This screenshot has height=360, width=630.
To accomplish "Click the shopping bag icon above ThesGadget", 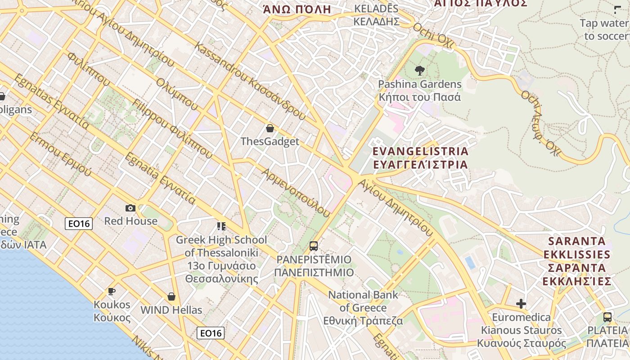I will pyautogui.click(x=270, y=128).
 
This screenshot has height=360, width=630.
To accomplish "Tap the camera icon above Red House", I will pyautogui.click(x=130, y=208).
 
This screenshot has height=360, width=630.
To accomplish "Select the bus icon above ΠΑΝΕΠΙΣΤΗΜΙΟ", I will pyautogui.click(x=314, y=246).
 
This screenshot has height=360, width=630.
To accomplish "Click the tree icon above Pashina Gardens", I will pyautogui.click(x=419, y=71).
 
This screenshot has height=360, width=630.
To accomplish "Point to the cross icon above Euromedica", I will pyautogui.click(x=521, y=304).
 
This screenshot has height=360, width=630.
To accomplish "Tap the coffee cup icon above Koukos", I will pyautogui.click(x=112, y=292).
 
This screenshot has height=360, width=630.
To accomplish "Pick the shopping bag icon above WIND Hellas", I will pyautogui.click(x=171, y=297).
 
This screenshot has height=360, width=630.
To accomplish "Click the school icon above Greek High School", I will pyautogui.click(x=221, y=226).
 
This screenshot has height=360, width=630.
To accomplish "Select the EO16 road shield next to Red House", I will pyautogui.click(x=79, y=224).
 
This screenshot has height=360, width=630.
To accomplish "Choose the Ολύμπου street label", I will pyautogui.click(x=177, y=94).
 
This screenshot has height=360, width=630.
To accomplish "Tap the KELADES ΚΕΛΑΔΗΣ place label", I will pyautogui.click(x=376, y=15).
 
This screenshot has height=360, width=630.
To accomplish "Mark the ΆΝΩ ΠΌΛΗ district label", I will pyautogui.click(x=297, y=9).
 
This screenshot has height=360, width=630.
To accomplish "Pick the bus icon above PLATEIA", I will pyautogui.click(x=607, y=317).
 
